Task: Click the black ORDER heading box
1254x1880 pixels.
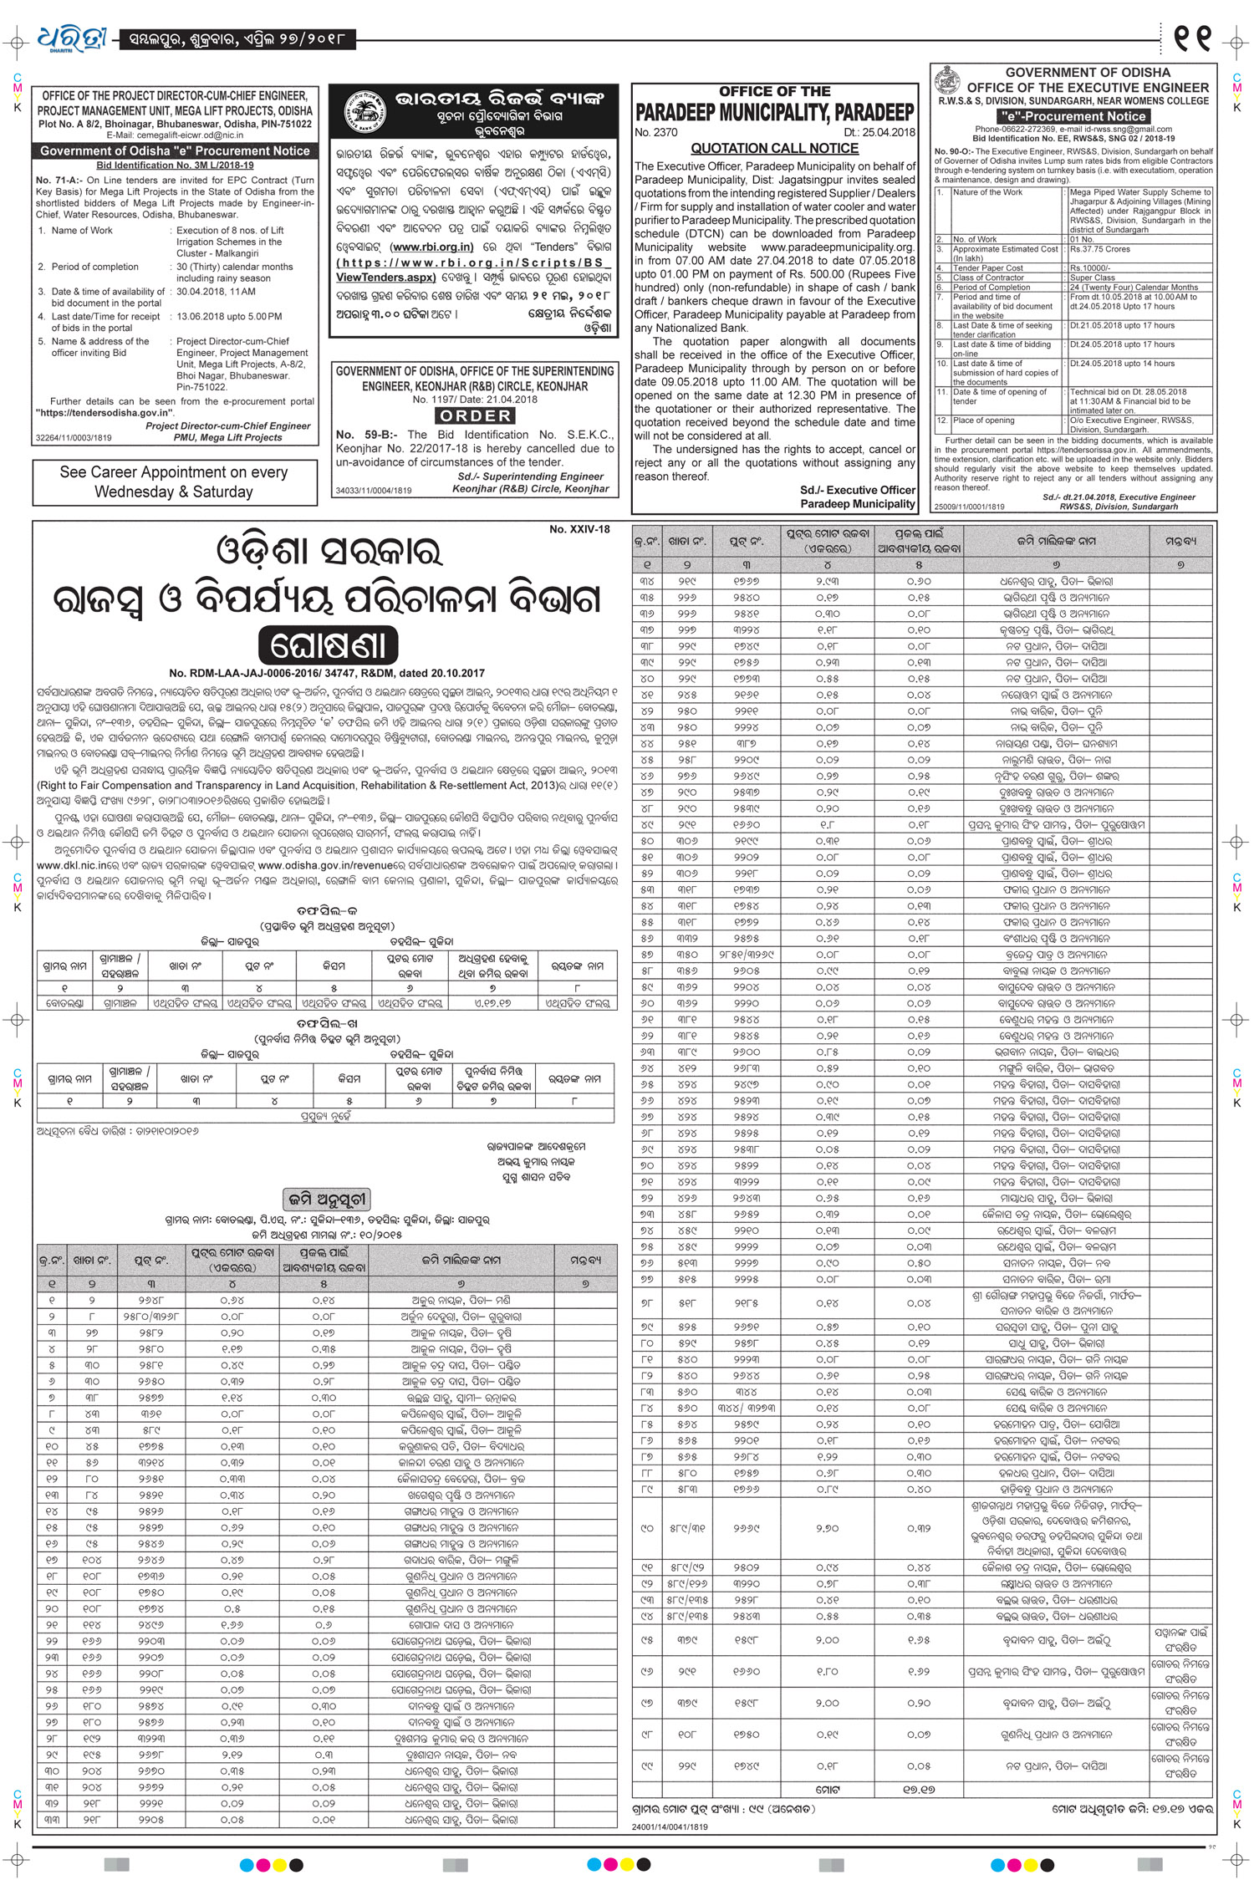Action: (x=475, y=415)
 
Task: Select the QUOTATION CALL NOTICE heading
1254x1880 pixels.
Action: (x=774, y=148)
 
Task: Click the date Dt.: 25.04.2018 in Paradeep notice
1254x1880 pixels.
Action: (x=879, y=132)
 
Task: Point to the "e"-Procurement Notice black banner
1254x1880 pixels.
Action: (x=1074, y=116)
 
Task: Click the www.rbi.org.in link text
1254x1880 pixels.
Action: (x=432, y=247)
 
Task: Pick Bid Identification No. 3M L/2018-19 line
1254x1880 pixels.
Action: (x=175, y=166)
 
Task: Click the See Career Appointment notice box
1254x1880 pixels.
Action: (x=174, y=482)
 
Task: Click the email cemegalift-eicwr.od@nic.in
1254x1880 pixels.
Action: (x=175, y=135)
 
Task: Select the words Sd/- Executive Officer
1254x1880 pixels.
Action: (x=857, y=490)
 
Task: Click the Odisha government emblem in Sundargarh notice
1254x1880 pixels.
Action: (x=949, y=82)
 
